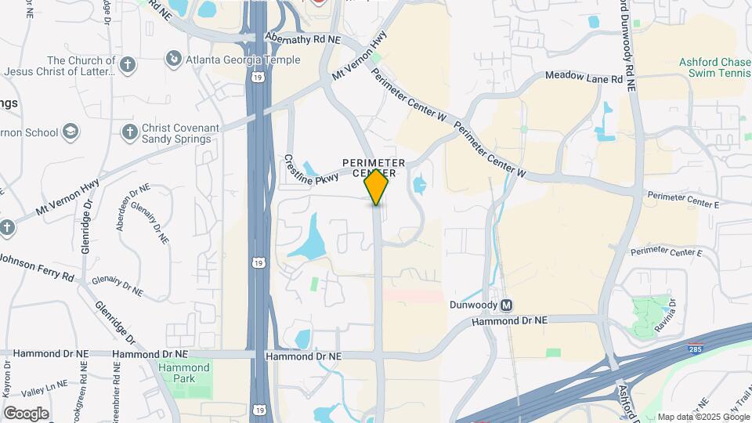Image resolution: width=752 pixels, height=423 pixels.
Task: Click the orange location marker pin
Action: [x=376, y=187]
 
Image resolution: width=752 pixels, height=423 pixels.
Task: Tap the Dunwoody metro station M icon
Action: [x=507, y=305]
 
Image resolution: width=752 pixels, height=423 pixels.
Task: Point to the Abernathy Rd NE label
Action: [x=303, y=38]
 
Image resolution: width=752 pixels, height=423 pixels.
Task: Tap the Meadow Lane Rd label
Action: [x=584, y=78]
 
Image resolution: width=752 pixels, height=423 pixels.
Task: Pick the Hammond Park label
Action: [x=185, y=372]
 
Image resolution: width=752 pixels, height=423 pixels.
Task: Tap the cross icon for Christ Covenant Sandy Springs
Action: [x=128, y=132]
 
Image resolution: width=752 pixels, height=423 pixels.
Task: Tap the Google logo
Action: [x=26, y=413]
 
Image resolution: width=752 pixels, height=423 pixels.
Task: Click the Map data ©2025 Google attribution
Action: [x=703, y=417]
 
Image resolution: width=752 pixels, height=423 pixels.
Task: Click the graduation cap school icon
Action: [x=71, y=132]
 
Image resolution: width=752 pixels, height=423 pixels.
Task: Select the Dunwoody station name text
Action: [x=473, y=305]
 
